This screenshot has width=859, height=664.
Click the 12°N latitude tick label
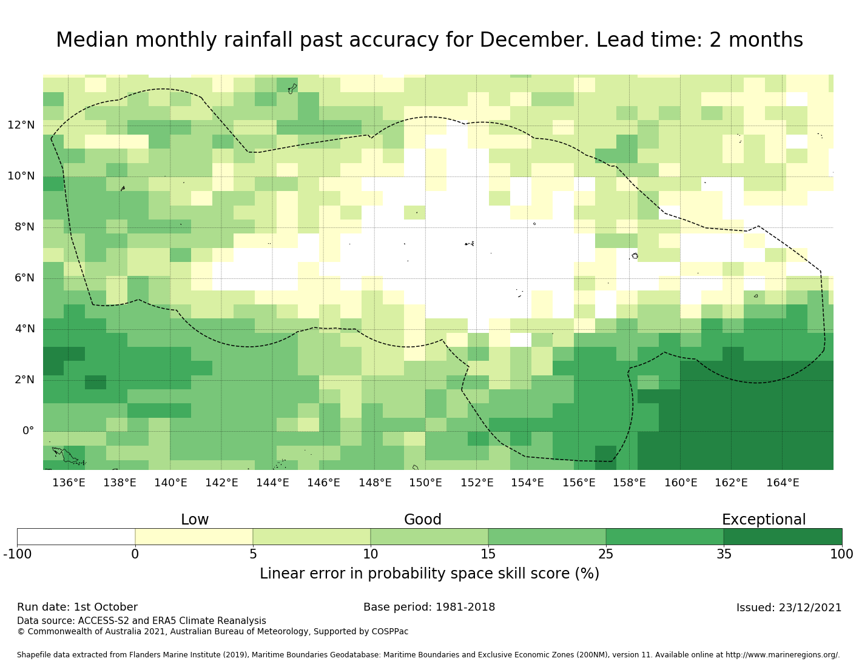pos(21,126)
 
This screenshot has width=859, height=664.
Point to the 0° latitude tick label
pos(28,431)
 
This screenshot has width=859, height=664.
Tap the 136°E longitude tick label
pos(69,483)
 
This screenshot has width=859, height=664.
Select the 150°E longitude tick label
pos(425,483)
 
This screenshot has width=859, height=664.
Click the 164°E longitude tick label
pos(783,483)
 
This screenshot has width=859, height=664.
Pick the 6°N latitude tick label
pos(24,278)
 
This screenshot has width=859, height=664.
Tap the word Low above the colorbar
pos(195,520)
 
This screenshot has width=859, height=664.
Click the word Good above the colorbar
pos(423,520)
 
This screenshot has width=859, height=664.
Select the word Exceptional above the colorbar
pos(763,520)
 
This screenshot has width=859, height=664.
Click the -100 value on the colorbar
pos(17,554)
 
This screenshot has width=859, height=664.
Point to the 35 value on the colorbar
pos(724,554)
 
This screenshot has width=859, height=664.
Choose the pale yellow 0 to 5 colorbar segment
pos(194,537)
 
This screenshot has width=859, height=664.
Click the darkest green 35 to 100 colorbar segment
pos(783,537)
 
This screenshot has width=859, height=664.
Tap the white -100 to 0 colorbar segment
pos(76,537)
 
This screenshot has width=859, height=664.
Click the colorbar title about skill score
pos(429,574)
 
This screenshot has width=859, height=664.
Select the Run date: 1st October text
pos(77,607)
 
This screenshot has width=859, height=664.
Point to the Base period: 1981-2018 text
pos(429,607)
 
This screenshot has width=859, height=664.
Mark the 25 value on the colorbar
pos(606,554)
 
